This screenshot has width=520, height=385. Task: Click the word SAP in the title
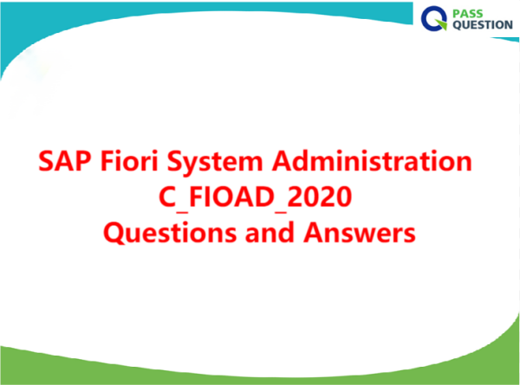(x=65, y=161)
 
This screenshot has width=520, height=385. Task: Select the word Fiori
(x=129, y=161)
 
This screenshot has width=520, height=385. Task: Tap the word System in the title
(x=215, y=163)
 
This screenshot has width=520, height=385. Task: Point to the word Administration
(x=372, y=161)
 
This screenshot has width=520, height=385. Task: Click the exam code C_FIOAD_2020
(x=255, y=197)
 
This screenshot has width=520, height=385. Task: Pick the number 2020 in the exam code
(x=319, y=196)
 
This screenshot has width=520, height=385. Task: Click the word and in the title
(x=270, y=232)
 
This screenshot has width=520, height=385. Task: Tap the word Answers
(x=360, y=233)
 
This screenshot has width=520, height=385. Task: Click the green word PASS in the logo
(x=468, y=14)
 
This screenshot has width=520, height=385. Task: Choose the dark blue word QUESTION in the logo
(x=483, y=25)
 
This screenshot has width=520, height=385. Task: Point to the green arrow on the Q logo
(x=441, y=24)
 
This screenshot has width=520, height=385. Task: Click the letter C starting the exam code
(x=167, y=197)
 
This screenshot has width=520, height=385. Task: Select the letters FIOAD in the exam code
(x=231, y=197)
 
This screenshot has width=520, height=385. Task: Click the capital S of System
(x=174, y=161)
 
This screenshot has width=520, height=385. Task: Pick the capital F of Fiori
(x=107, y=161)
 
